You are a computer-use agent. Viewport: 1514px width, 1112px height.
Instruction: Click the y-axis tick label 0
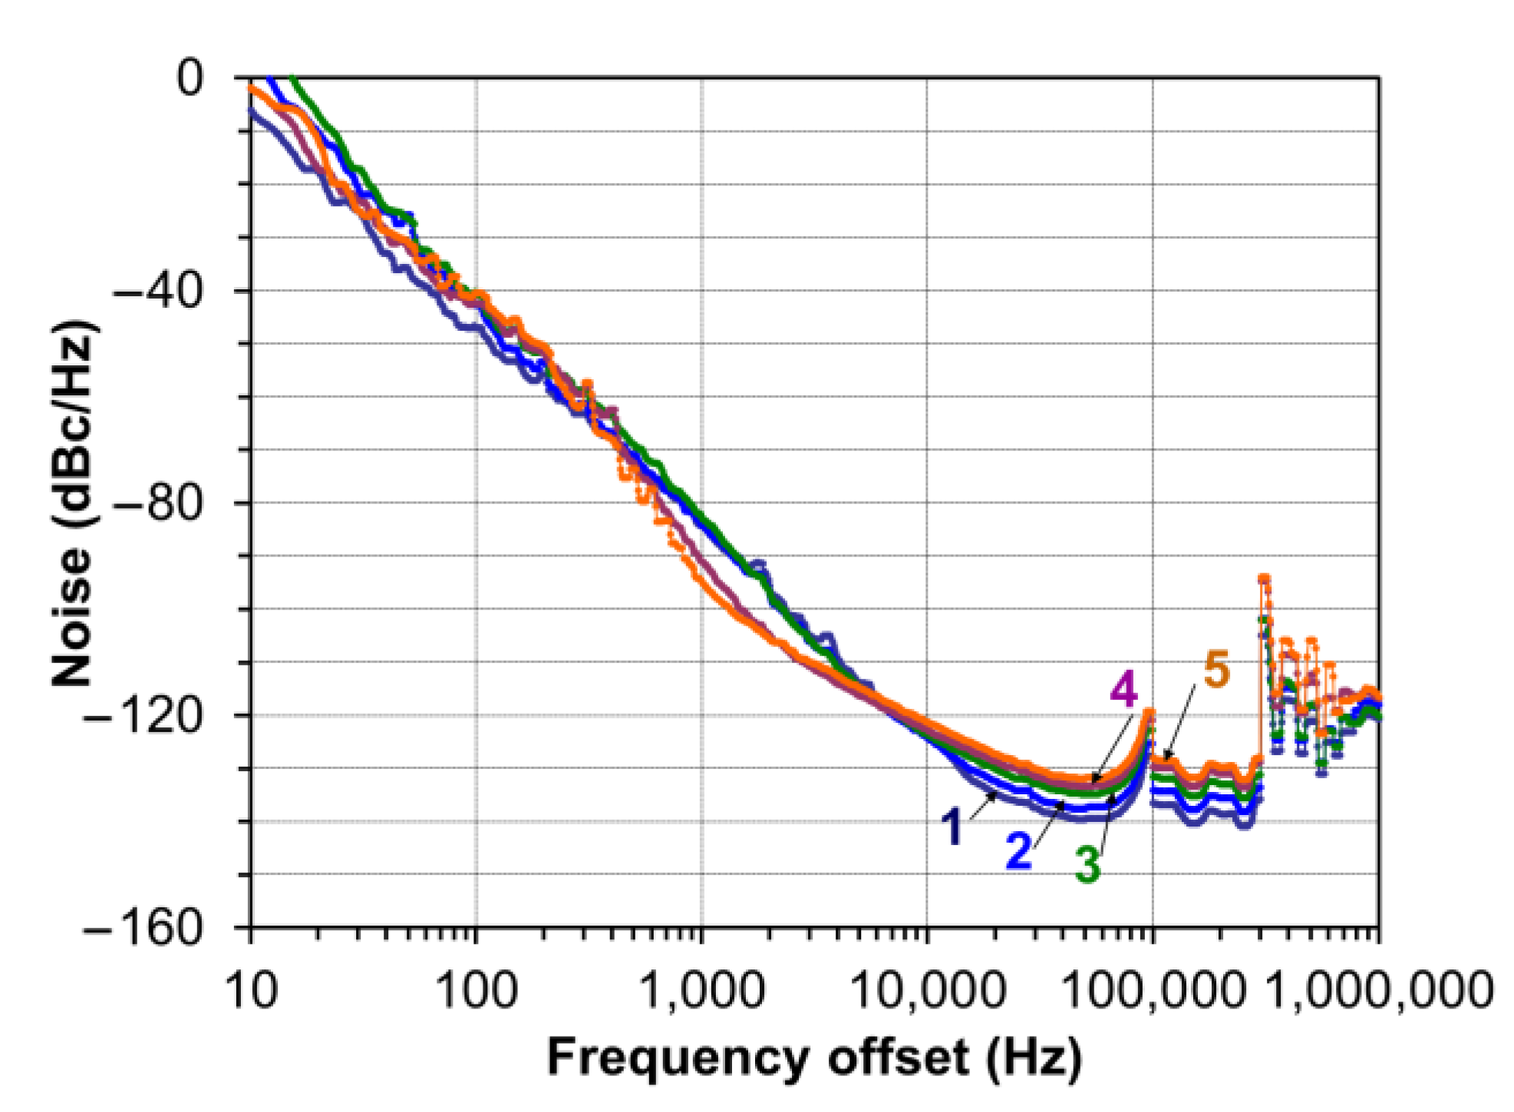tap(190, 78)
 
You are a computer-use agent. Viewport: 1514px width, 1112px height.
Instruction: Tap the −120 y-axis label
tap(143, 716)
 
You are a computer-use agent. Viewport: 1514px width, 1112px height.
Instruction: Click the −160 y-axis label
tap(143, 929)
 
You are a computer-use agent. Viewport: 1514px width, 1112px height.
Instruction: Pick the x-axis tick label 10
tap(252, 991)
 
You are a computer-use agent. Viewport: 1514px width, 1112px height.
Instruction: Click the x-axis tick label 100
tap(476, 991)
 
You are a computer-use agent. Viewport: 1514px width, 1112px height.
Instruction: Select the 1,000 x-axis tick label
tap(702, 991)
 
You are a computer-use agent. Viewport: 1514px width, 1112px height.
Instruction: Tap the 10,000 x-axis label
tap(928, 991)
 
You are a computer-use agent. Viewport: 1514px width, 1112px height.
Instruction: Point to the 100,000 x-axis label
tap(1153, 991)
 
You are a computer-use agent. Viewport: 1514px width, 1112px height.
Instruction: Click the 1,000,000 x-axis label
tap(1379, 991)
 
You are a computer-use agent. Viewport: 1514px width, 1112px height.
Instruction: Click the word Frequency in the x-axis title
tap(678, 1060)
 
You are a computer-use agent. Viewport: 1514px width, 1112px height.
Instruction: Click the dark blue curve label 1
tap(952, 828)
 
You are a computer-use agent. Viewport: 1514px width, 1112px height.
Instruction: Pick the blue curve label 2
tap(1018, 850)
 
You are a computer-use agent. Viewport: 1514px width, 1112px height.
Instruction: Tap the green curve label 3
tap(1087, 865)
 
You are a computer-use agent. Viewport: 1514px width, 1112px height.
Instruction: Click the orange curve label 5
tap(1216, 668)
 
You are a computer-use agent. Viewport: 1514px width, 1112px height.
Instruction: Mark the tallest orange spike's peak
tap(1263, 578)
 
